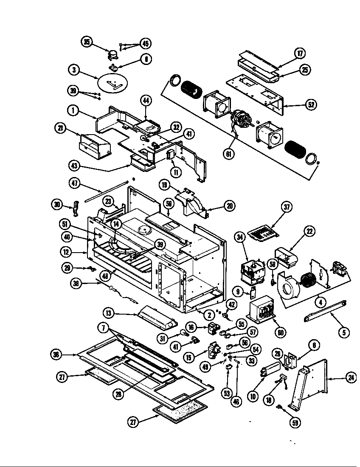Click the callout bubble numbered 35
[87, 42]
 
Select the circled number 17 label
[300, 53]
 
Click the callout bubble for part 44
[146, 101]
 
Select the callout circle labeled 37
[288, 207]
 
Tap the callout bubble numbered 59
[294, 423]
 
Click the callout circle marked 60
[280, 332]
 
